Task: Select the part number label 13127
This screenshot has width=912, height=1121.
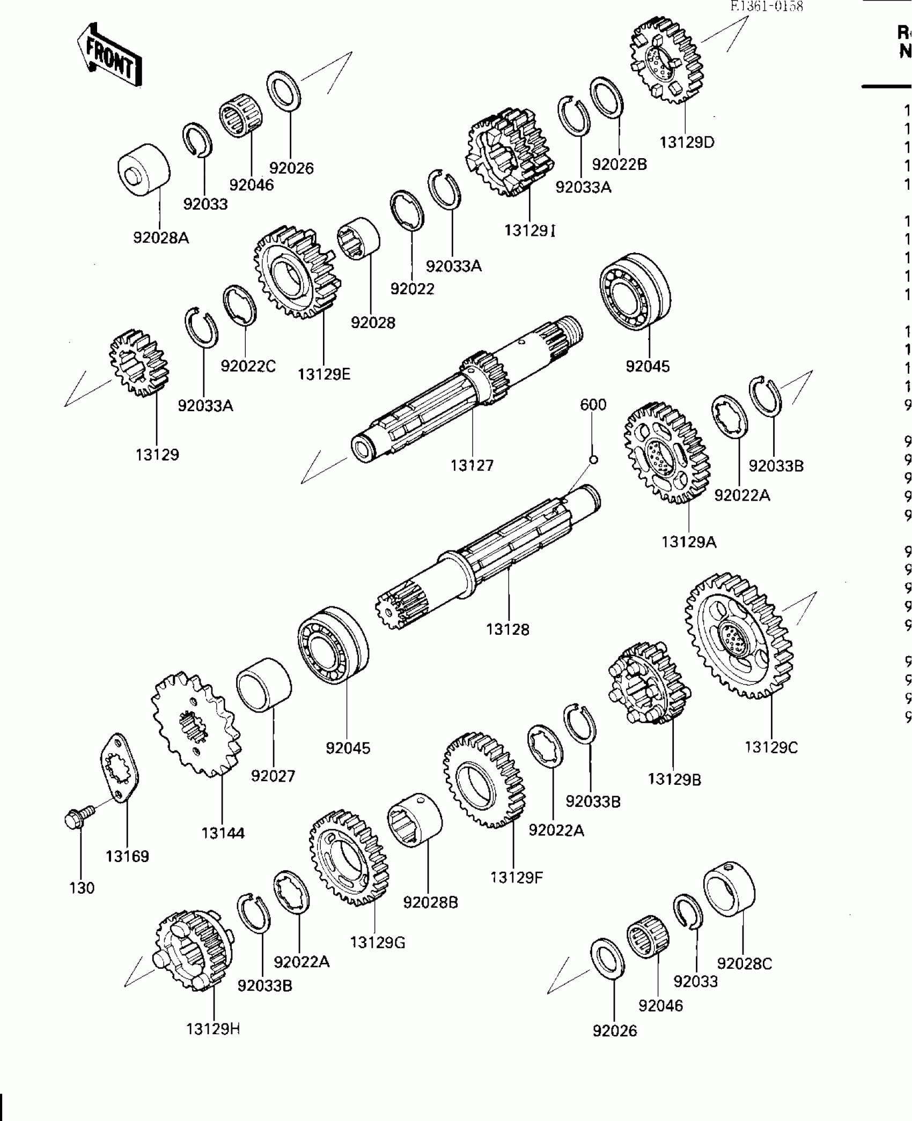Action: pos(472,465)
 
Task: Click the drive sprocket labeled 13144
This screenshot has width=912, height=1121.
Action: pos(196,725)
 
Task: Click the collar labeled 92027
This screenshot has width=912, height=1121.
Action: pos(264,685)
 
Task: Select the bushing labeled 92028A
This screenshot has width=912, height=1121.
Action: pos(144,170)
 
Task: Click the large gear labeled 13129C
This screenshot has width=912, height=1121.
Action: pos(739,636)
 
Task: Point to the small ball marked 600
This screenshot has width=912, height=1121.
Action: pos(593,459)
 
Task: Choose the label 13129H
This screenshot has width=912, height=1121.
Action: pos(213,1029)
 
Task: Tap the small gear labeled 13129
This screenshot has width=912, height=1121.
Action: pos(139,363)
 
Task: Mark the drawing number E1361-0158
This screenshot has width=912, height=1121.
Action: pos(767,8)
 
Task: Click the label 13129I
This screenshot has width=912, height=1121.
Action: pos(529,231)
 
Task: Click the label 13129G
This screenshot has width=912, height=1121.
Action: pos(378,942)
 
